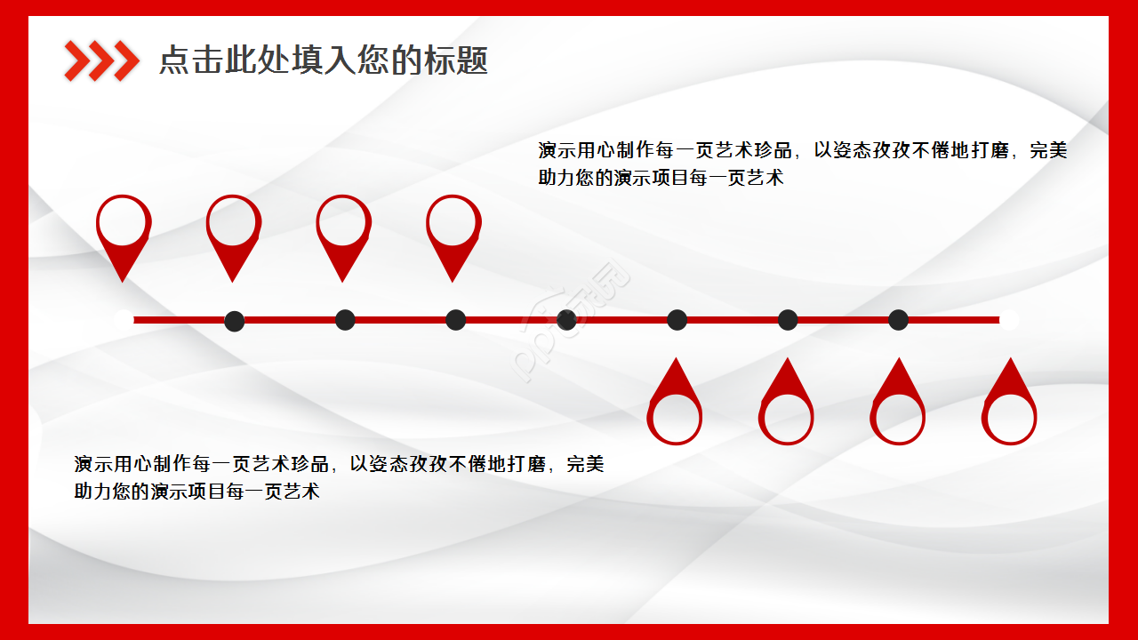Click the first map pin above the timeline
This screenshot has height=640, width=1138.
[124, 233]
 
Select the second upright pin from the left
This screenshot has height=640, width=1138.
[234, 233]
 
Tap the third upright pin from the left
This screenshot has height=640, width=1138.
[343, 233]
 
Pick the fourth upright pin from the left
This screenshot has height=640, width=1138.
[453, 233]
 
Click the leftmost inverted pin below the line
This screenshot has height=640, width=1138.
[676, 405]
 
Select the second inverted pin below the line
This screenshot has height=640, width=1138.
[787, 405]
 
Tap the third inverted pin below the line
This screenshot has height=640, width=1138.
[898, 405]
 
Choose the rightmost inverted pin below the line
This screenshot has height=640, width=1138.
[1009, 405]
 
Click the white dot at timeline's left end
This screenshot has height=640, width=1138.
[124, 319]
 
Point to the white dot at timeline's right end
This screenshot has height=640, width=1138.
[1009, 319]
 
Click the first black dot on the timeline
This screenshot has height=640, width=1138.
[235, 320]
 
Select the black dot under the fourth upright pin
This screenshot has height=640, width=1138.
[455, 320]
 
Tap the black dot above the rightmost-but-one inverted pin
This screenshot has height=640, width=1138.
[899, 320]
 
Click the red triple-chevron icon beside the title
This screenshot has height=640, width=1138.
[101, 60]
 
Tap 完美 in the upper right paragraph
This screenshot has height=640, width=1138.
[1047, 150]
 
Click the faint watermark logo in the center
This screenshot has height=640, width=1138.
[574, 320]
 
